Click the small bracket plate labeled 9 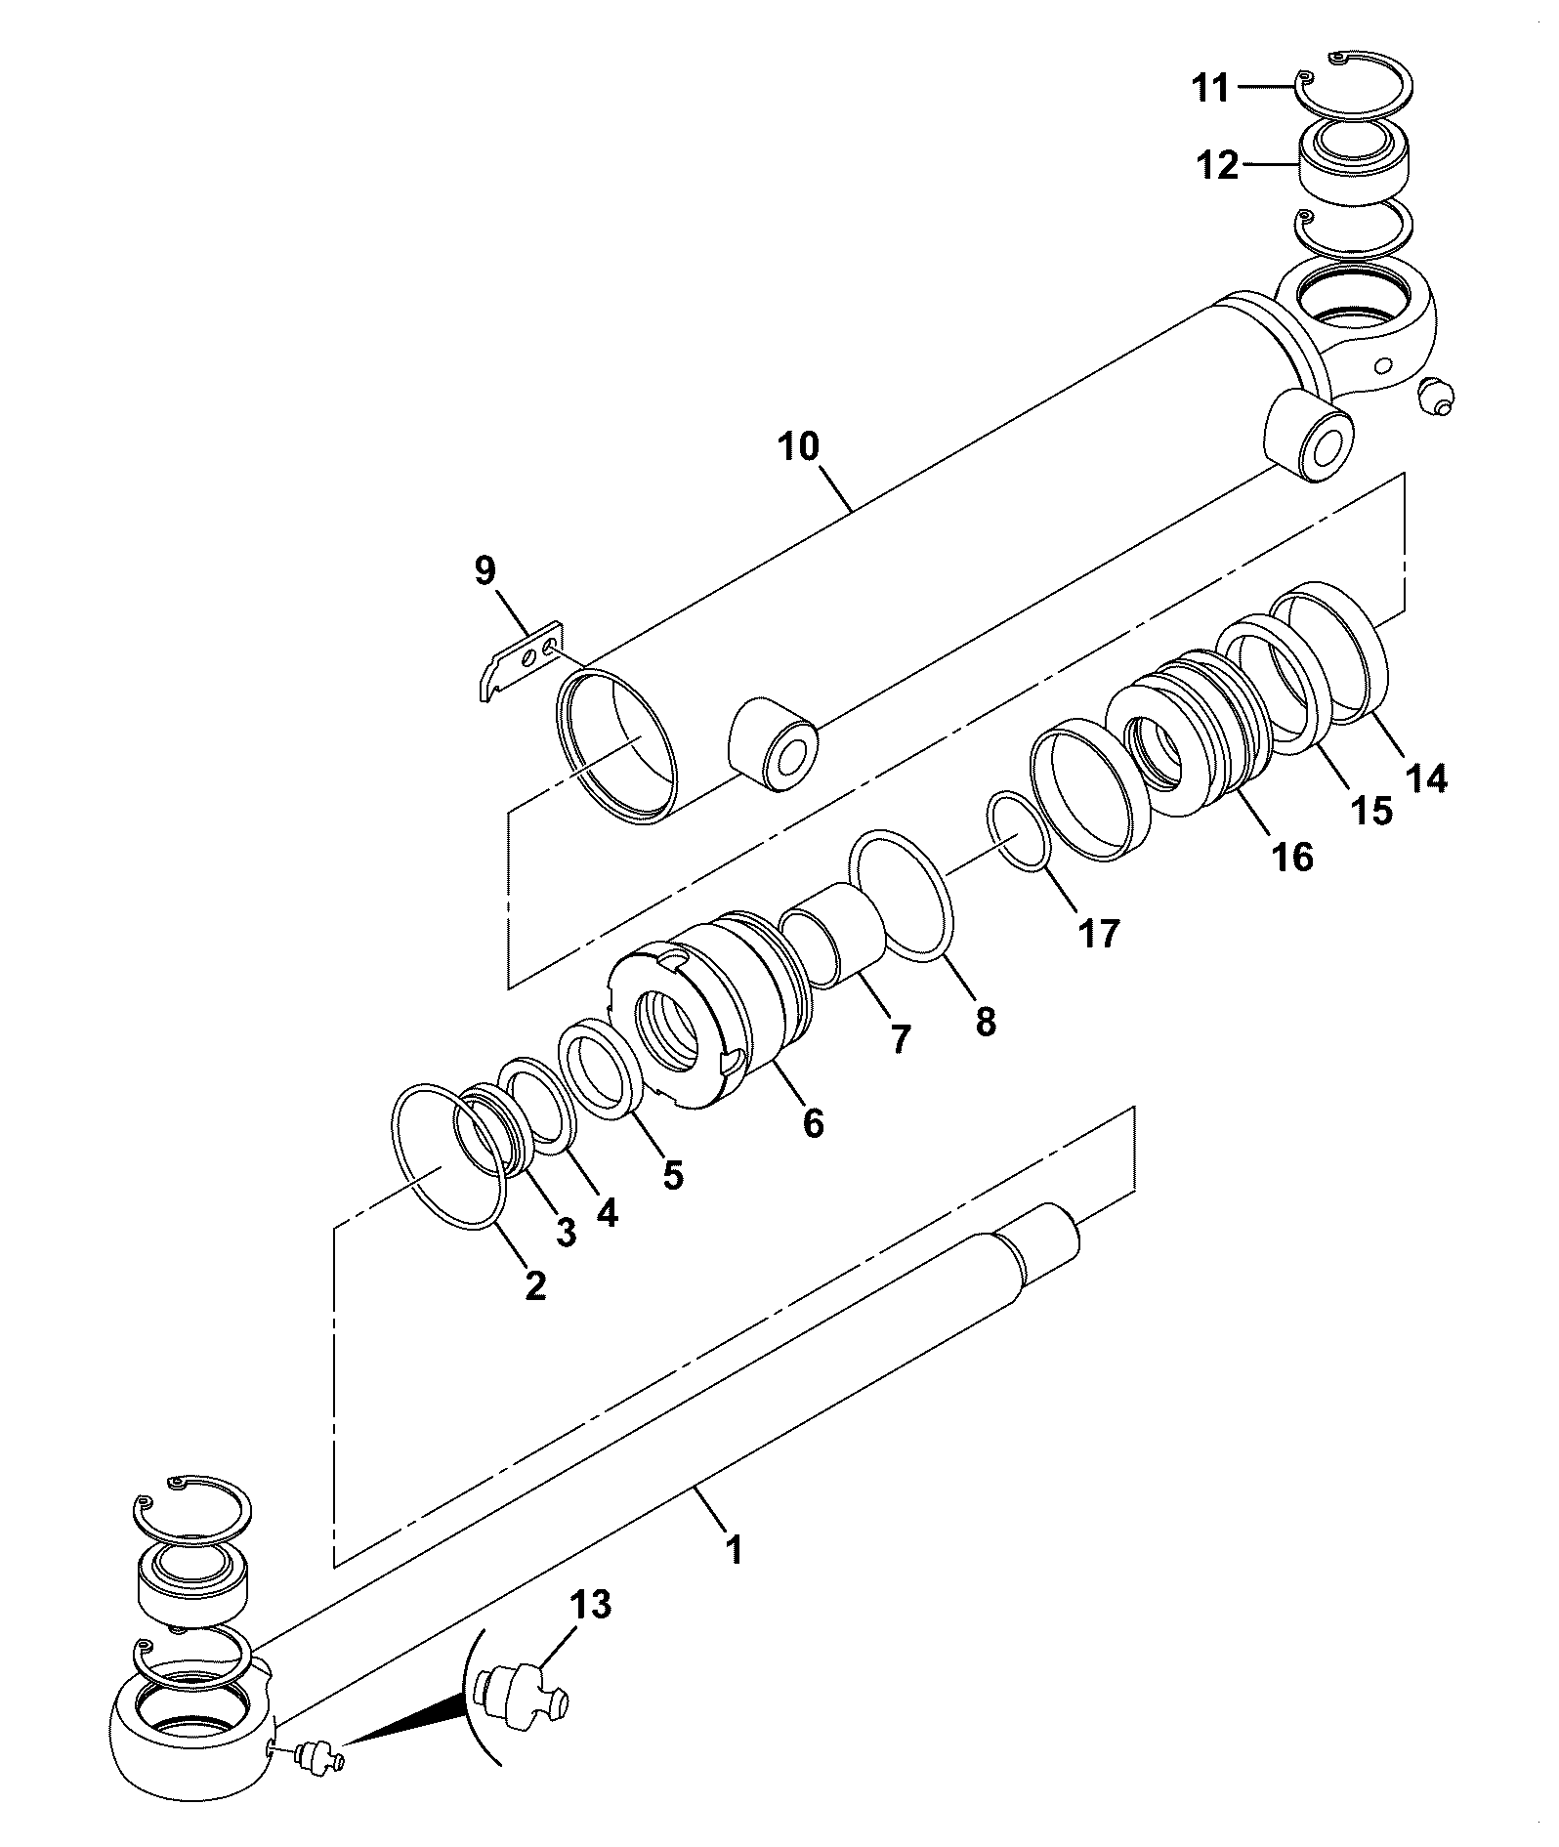520,660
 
